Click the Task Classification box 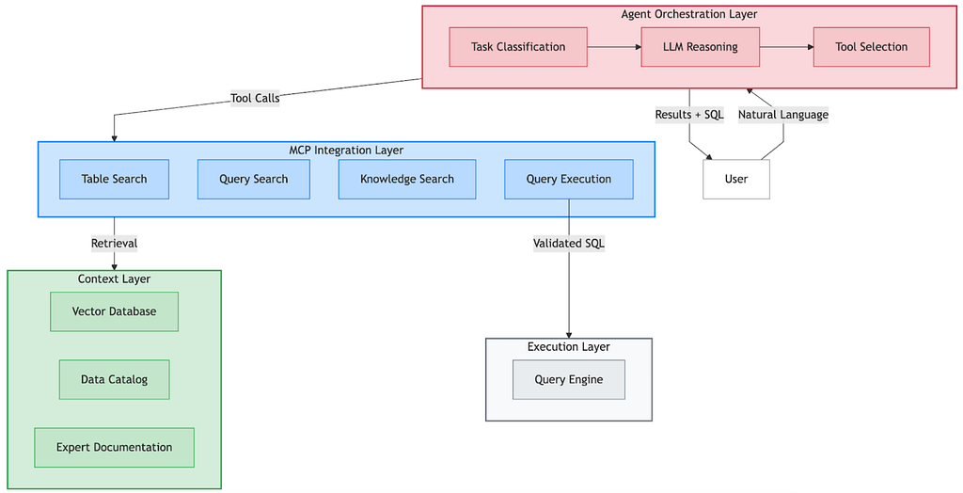(518, 47)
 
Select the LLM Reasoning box (700, 47)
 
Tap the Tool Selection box (872, 47)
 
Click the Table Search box (114, 179)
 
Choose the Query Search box (254, 179)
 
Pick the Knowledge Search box (407, 179)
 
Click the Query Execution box (569, 179)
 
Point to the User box (736, 179)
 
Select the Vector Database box (114, 311)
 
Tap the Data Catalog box (114, 379)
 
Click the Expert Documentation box (114, 448)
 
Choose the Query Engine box (569, 379)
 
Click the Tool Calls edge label (255, 98)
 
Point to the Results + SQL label (689, 115)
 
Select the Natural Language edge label (783, 115)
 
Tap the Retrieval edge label (114, 244)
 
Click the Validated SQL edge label (569, 244)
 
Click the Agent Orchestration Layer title (689, 14)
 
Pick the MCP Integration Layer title (346, 150)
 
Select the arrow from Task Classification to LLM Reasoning (614, 47)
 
